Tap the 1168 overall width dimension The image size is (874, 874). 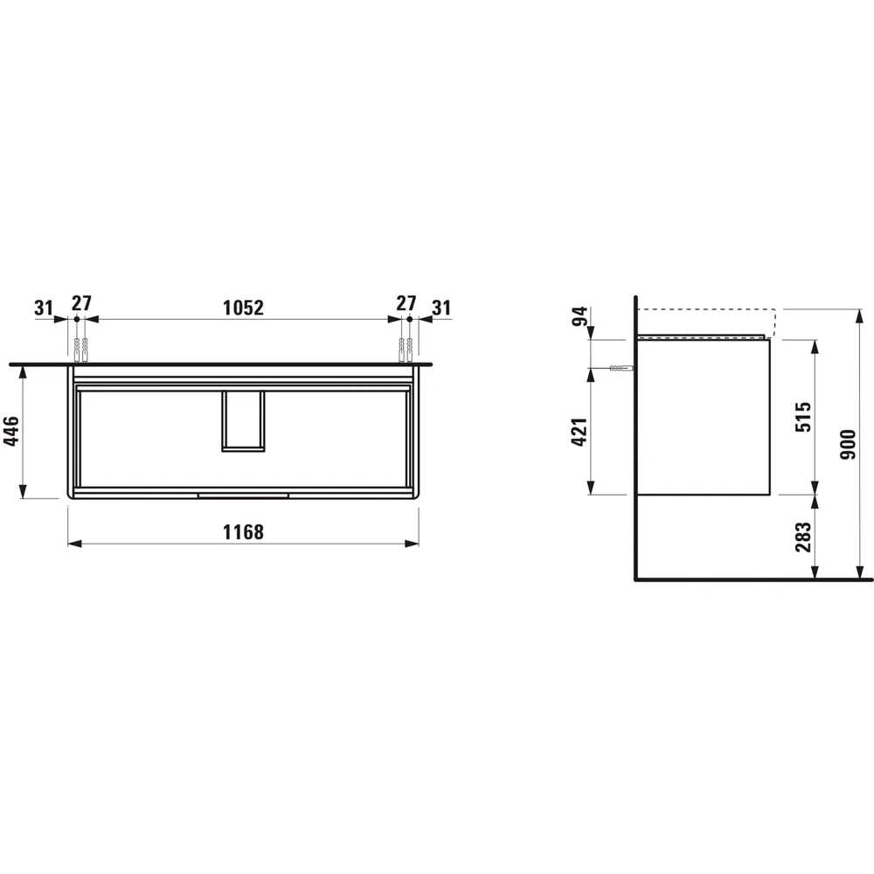coord(243,531)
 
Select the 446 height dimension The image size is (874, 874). coord(11,431)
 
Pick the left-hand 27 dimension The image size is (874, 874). coord(81,304)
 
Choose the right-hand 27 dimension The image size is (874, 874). coord(406,304)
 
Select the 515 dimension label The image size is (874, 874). coord(805,417)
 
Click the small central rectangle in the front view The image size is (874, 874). coord(243,422)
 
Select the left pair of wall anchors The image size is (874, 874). coord(81,350)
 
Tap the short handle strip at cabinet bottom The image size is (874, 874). coord(243,495)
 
